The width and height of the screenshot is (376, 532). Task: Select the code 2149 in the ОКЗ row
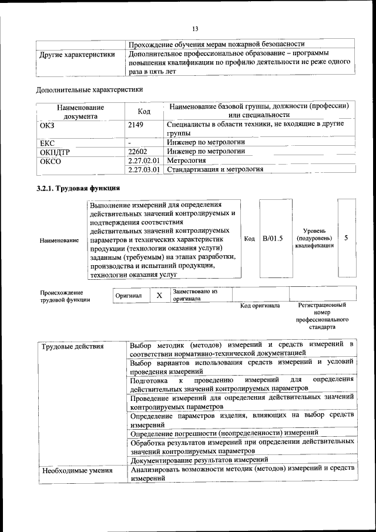click(136, 125)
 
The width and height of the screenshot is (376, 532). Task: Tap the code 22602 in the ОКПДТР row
click(137, 151)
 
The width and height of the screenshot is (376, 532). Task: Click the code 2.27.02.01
click(144, 160)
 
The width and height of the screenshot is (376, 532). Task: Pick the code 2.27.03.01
click(144, 170)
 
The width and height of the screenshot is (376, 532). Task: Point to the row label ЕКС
click(47, 142)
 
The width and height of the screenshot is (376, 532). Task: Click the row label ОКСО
click(50, 160)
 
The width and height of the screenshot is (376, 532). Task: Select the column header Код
click(144, 112)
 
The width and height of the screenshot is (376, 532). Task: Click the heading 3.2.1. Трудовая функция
click(78, 189)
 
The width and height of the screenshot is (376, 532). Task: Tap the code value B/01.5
click(273, 238)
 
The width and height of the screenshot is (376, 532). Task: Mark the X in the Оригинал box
click(159, 295)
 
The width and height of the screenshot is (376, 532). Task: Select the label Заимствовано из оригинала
click(194, 295)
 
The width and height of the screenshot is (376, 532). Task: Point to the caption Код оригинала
click(260, 306)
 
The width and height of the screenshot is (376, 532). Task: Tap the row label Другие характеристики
click(76, 55)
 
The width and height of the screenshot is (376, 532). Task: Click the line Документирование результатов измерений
click(200, 460)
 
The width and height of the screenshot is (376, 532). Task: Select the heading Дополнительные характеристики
click(89, 90)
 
